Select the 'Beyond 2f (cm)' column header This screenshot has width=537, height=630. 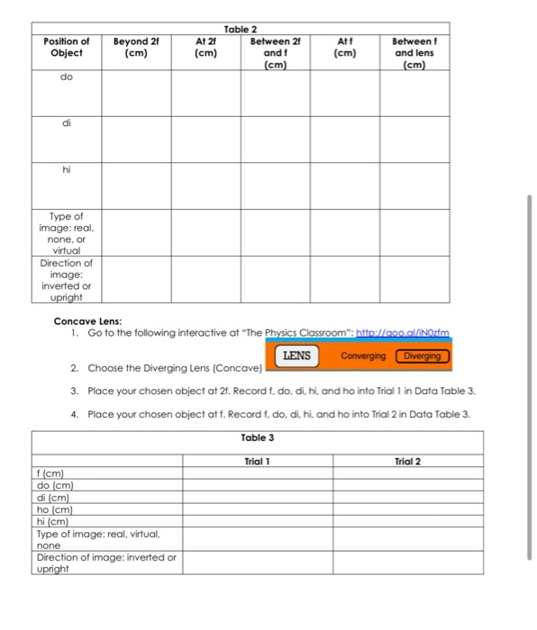[135, 47]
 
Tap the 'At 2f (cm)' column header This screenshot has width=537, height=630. [205, 47]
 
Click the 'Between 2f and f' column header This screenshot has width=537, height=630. [276, 52]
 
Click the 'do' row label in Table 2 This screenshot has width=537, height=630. [66, 78]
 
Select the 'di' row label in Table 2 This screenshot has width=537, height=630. [66, 124]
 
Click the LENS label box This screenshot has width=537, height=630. [296, 355]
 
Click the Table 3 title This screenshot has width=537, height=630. [258, 437]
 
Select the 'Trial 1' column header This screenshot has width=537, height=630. [258, 461]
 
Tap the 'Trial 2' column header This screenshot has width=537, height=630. [407, 461]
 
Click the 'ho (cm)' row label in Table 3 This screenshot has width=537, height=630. [53, 508]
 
